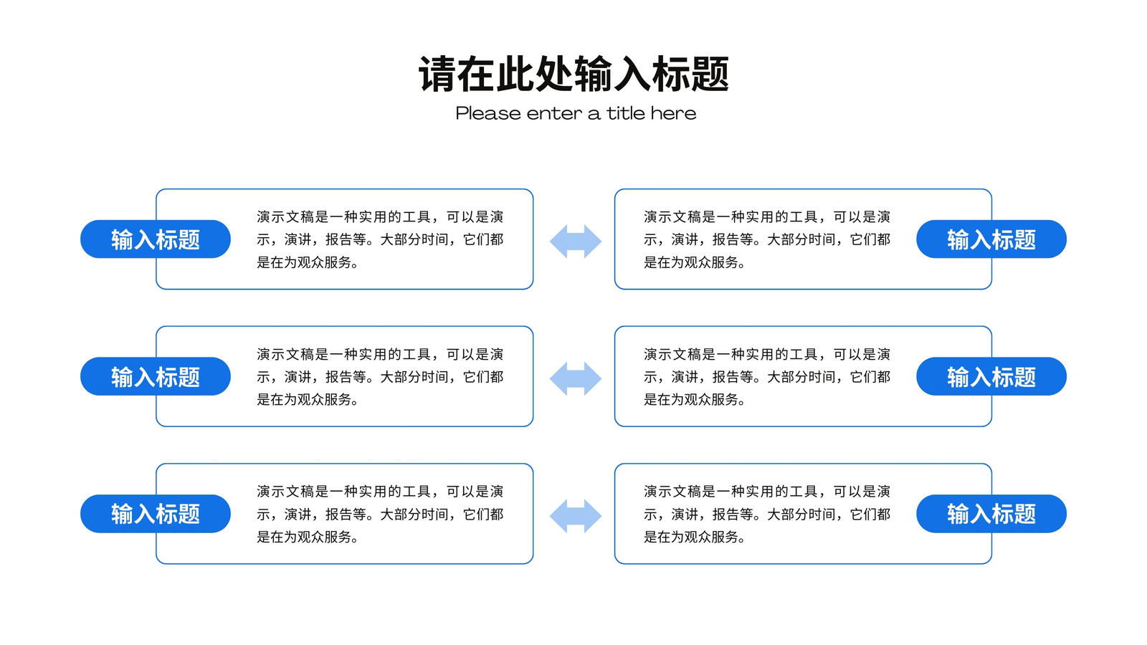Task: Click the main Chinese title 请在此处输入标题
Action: (x=574, y=75)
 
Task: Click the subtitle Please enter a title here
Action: (x=576, y=113)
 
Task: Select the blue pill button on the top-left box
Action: (x=155, y=239)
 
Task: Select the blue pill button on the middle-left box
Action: (x=155, y=376)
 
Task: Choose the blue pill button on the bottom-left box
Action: (x=155, y=513)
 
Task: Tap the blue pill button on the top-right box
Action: (x=991, y=239)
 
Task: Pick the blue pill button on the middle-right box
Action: (x=991, y=376)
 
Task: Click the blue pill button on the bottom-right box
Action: (x=991, y=513)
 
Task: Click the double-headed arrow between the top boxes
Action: (x=576, y=241)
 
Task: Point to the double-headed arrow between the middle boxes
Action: (x=576, y=378)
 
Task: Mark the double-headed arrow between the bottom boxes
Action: (x=576, y=515)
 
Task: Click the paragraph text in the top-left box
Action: (x=380, y=239)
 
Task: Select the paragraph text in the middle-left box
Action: (x=380, y=376)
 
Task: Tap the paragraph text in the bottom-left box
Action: (x=380, y=513)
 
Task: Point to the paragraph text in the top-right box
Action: (x=767, y=239)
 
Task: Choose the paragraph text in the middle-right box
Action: (x=767, y=376)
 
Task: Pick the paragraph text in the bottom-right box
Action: (x=767, y=513)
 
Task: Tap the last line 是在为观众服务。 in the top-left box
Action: (x=308, y=262)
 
